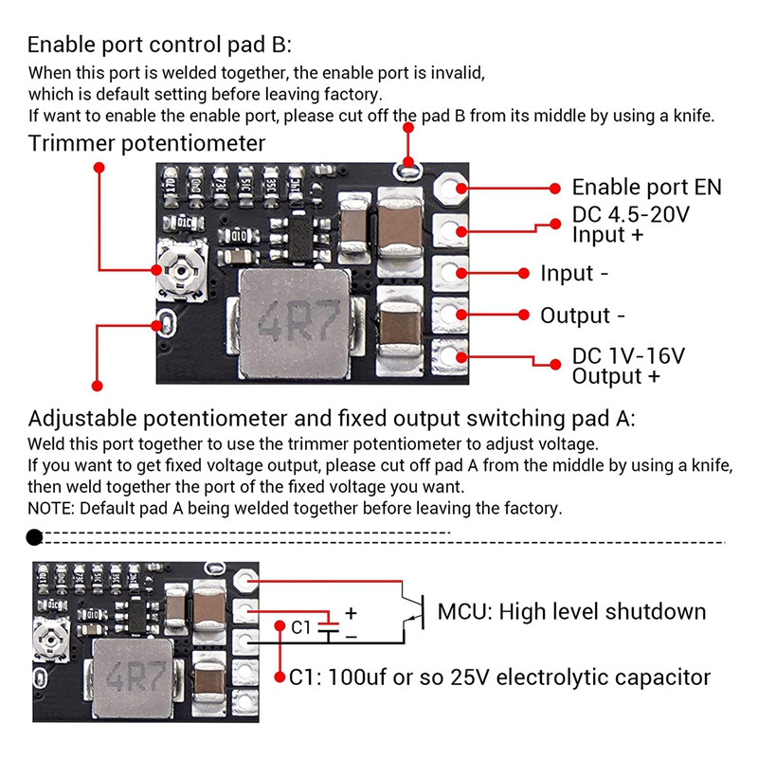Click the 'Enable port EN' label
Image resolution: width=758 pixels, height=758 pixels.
tap(646, 188)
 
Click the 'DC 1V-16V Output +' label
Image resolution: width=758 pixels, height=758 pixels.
tap(628, 366)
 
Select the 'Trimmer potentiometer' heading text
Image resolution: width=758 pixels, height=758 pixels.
tap(147, 144)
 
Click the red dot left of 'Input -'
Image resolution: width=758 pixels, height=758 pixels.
tap(523, 273)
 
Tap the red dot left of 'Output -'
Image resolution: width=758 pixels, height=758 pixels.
tap(523, 315)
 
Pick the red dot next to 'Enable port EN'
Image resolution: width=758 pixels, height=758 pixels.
tap(554, 188)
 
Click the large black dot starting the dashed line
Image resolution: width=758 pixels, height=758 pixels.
tap(34, 538)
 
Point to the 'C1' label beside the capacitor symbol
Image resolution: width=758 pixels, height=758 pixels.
tap(300, 627)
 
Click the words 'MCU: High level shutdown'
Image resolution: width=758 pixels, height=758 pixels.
tap(571, 611)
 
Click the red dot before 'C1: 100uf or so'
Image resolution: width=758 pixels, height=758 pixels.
tap(280, 677)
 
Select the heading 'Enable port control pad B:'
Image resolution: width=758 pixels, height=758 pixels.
tap(160, 45)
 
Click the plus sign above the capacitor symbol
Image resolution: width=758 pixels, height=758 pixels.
tap(350, 613)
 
